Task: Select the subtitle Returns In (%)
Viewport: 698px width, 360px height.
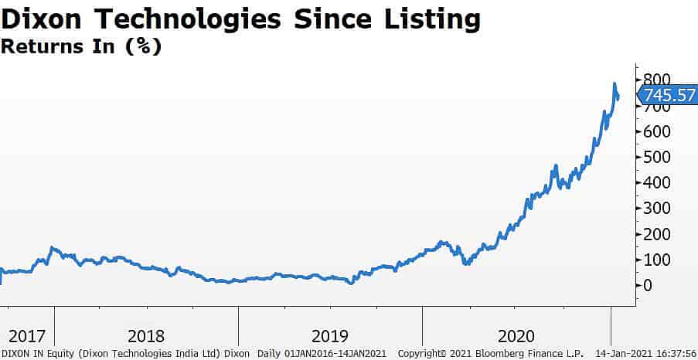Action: (x=80, y=46)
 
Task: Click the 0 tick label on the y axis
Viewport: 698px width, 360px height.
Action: (x=646, y=284)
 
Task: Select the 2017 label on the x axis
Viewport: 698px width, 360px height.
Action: (x=27, y=336)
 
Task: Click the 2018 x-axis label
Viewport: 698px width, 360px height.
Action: (x=146, y=336)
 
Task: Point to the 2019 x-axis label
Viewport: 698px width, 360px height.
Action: (x=329, y=336)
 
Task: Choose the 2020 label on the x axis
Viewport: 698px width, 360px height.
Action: (x=516, y=336)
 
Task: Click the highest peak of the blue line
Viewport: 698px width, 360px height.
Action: (x=615, y=83)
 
